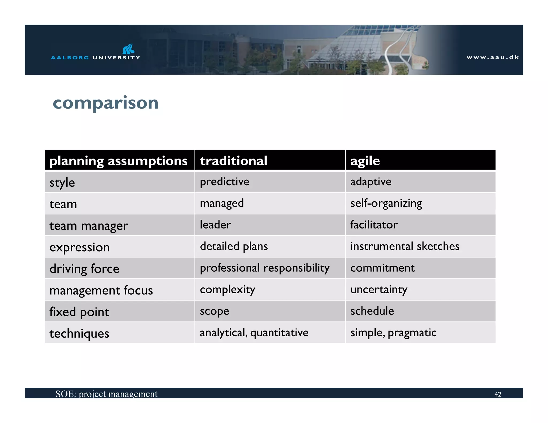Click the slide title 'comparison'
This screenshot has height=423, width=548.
(x=105, y=103)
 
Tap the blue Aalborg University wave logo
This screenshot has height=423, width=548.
(x=128, y=49)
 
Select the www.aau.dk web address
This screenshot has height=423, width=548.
(x=492, y=57)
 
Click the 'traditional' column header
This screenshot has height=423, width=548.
(x=234, y=161)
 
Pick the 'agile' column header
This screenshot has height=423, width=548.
(x=365, y=161)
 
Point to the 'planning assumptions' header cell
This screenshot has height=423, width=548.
(x=119, y=161)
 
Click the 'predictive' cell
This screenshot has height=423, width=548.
(x=224, y=182)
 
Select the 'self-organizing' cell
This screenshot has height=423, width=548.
(x=386, y=203)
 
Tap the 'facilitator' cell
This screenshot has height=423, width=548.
(x=374, y=225)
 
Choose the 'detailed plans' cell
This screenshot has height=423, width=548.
(x=234, y=246)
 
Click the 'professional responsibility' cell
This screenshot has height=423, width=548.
(x=264, y=268)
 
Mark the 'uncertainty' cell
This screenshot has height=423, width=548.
(x=379, y=290)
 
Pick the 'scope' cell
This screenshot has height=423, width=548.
(x=214, y=311)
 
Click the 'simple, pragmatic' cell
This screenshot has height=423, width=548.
(x=393, y=333)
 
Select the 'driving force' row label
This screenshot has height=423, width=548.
(x=84, y=268)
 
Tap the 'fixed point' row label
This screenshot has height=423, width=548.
(x=79, y=312)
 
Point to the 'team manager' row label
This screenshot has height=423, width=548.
(x=89, y=226)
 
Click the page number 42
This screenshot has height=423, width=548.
(x=498, y=394)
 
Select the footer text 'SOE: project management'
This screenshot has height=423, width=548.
(x=106, y=394)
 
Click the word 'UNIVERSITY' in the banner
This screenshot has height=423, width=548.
(x=116, y=57)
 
